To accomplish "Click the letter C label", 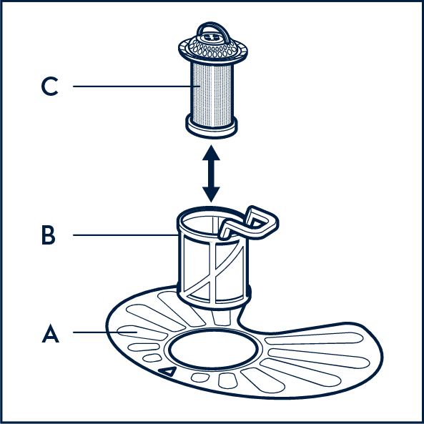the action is (49, 87).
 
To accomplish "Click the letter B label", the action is (49, 235).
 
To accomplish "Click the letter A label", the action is (50, 333).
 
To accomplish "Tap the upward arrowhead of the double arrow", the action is (211, 152).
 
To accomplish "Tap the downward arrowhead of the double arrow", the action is (211, 194).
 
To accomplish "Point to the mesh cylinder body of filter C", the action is (212, 94).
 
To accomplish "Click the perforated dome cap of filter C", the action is (213, 47).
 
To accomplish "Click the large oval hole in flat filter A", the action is (213, 349).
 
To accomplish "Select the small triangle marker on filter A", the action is (167, 371).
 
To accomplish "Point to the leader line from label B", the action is (125, 235).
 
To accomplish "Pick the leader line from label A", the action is (105, 332).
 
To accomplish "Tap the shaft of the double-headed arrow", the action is (211, 174).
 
